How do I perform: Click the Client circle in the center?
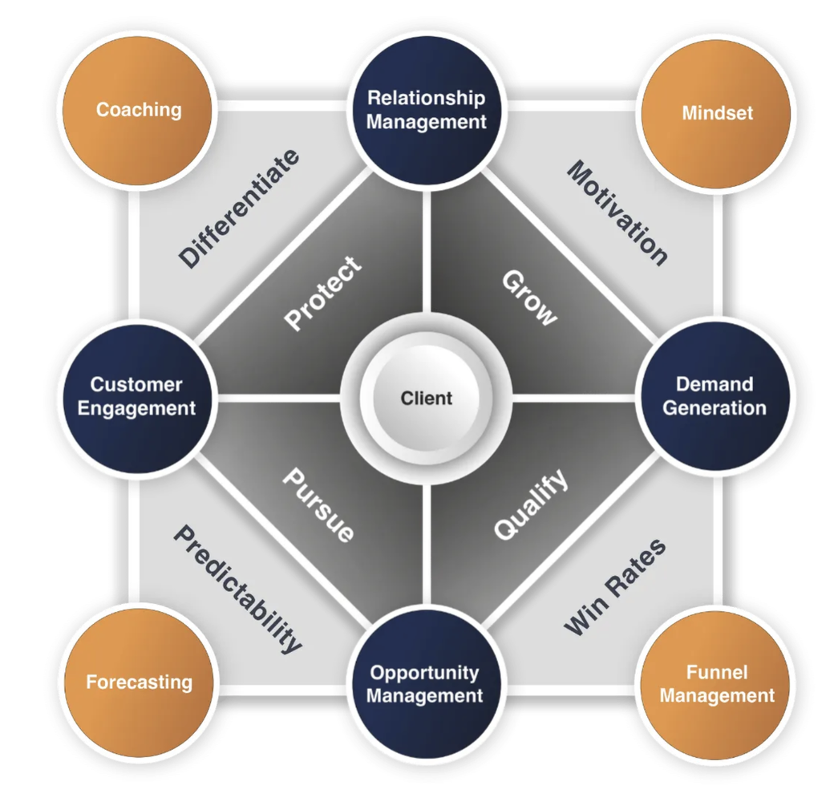pos(426,398)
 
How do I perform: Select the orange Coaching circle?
pos(138,110)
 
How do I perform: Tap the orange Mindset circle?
pos(716,112)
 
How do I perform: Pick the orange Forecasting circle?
pos(139,683)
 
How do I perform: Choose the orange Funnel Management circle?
pos(716,684)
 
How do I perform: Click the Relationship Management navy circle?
pos(427,110)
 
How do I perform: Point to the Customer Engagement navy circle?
pos(136,396)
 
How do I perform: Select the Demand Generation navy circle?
pos(714,396)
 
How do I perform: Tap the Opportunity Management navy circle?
pos(425,684)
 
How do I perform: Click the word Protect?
pos(324,294)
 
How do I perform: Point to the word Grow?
pos(529,298)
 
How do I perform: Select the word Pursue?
pos(318,504)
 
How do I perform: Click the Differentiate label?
pos(239,208)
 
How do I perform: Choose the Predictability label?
pos(238,589)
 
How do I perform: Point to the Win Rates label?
pos(615,587)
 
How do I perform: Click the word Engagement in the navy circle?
pos(136,408)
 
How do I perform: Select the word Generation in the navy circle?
pos(714,408)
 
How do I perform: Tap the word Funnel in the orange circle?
pos(716,672)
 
